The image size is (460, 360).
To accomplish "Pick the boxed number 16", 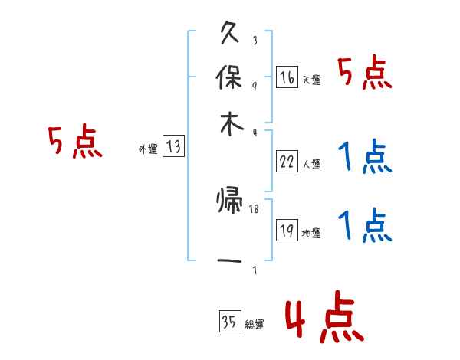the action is point(287,77).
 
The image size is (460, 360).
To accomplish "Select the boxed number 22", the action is point(287,161).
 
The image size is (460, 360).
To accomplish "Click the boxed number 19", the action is point(287,231).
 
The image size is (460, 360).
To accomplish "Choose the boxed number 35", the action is point(229,322).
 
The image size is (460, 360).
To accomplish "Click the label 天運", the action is point(310,80).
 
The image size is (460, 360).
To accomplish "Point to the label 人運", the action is point(310,163).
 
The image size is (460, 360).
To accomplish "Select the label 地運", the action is point(310,234).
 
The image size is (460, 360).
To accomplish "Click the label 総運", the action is point(254,325).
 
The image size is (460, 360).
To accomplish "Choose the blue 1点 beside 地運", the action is point(364,226).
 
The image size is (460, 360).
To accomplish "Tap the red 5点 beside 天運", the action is point(364,75).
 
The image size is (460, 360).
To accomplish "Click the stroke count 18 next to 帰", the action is point(255,208).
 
